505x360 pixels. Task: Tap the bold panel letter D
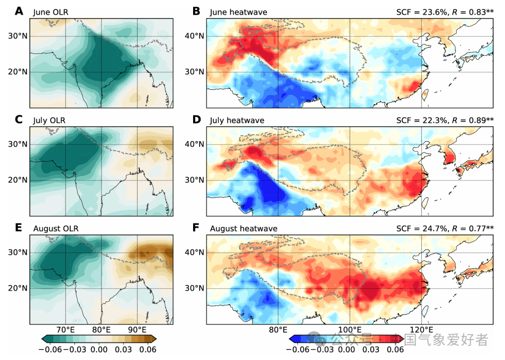click(x=197, y=120)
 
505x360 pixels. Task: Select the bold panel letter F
click(x=196, y=228)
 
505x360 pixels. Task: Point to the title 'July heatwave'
click(x=237, y=121)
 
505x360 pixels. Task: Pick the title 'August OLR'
click(x=56, y=229)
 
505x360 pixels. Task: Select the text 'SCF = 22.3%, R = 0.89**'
click(x=445, y=121)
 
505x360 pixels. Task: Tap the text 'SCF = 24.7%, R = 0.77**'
click(x=445, y=229)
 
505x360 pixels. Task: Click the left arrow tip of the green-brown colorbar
click(x=42, y=339)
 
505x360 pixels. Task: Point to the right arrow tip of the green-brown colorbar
click(x=156, y=339)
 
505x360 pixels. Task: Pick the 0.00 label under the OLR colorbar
click(x=99, y=349)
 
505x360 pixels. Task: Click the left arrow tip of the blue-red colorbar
click(x=290, y=339)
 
